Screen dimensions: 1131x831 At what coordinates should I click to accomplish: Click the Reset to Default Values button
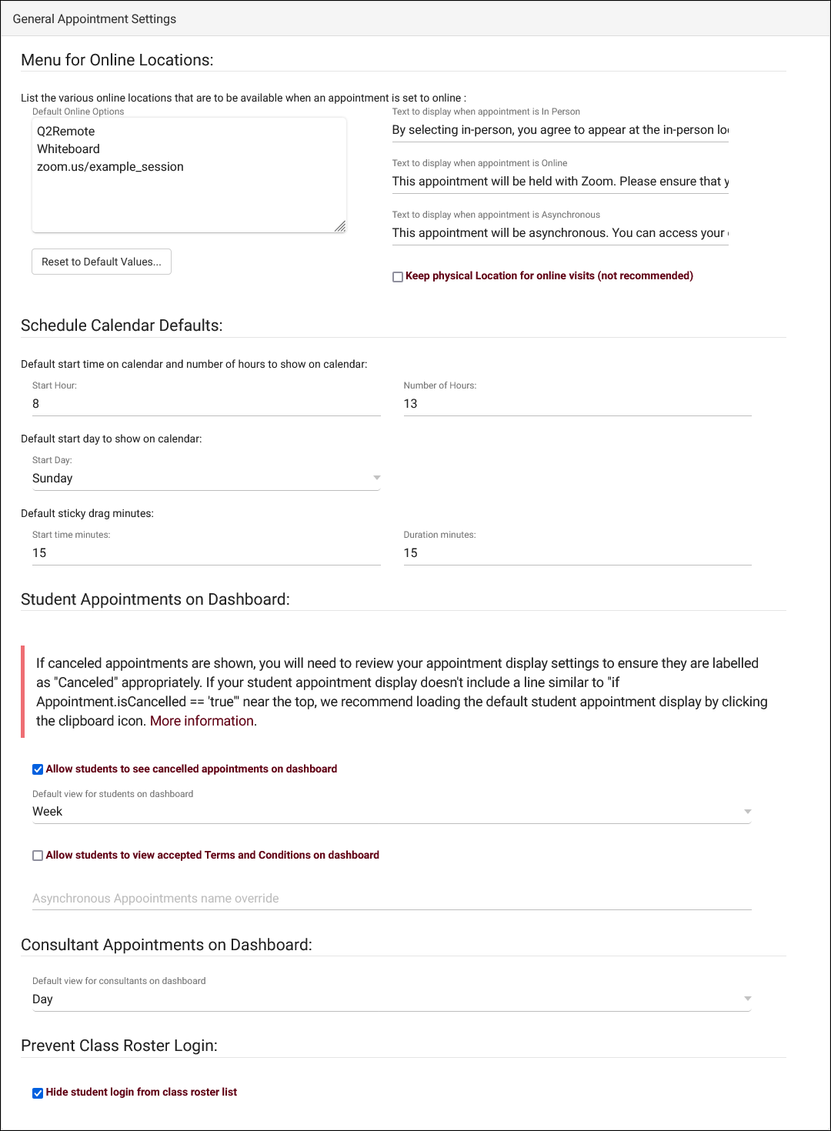[102, 262]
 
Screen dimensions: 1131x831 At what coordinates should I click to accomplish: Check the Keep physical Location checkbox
[398, 277]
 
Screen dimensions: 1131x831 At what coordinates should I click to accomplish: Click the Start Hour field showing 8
[206, 404]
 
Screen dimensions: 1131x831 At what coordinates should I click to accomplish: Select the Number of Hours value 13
[577, 404]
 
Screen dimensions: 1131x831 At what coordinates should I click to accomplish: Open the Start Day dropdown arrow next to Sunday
[377, 478]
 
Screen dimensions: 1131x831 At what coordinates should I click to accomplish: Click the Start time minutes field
[206, 553]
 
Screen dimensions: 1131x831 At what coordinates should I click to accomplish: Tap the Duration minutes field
[577, 553]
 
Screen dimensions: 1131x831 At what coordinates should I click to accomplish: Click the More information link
[202, 721]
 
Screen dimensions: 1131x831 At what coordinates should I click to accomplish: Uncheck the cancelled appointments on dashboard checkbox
[38, 769]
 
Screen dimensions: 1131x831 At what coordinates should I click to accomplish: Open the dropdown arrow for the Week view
[747, 812]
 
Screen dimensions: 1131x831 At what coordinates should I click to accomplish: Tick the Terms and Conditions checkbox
[38, 856]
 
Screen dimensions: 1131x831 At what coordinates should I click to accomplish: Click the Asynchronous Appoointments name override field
[392, 899]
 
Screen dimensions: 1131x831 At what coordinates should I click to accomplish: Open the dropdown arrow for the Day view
[747, 999]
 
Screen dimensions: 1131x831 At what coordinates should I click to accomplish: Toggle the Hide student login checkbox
[38, 1093]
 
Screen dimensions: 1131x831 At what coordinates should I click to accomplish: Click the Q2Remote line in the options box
[66, 132]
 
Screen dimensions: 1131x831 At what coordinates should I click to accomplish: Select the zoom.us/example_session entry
[110, 167]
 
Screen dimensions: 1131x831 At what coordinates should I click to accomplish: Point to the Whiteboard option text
[68, 149]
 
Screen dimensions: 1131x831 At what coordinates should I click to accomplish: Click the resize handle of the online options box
[340, 226]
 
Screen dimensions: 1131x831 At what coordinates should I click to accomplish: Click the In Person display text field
[560, 130]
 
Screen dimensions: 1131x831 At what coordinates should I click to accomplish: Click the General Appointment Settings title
[95, 19]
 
